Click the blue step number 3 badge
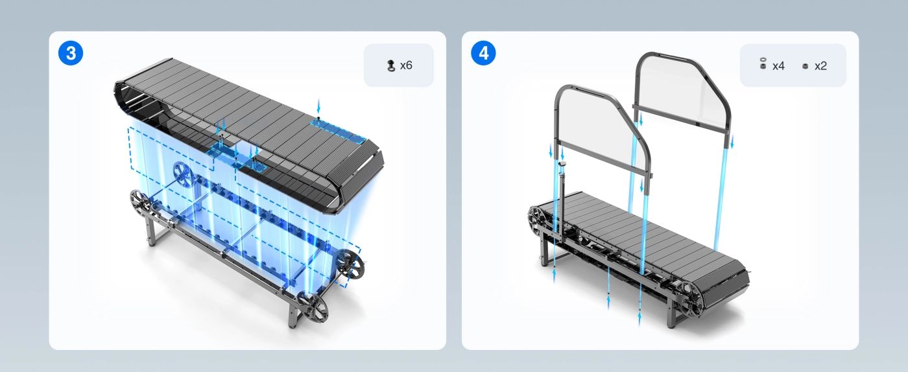click(x=71, y=53)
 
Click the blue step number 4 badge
click(x=483, y=53)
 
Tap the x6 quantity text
click(x=406, y=65)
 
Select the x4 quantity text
click(x=778, y=66)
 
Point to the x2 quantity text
click(x=820, y=66)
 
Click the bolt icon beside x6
click(x=390, y=65)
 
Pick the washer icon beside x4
click(x=763, y=64)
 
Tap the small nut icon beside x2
click(x=806, y=67)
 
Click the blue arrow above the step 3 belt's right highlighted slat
click(x=318, y=106)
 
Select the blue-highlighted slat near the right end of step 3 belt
click(x=338, y=130)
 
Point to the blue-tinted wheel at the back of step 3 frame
click(x=184, y=175)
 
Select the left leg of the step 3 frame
click(x=151, y=231)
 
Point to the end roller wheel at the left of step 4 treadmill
click(x=538, y=221)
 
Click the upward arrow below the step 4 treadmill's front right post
click(x=639, y=318)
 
